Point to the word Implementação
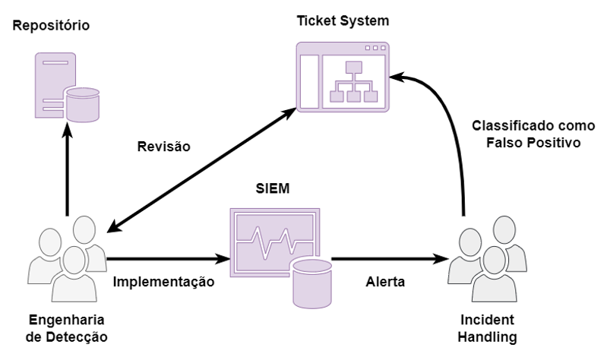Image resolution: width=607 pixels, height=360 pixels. click(164, 282)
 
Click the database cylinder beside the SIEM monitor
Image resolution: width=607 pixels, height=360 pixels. click(312, 281)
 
